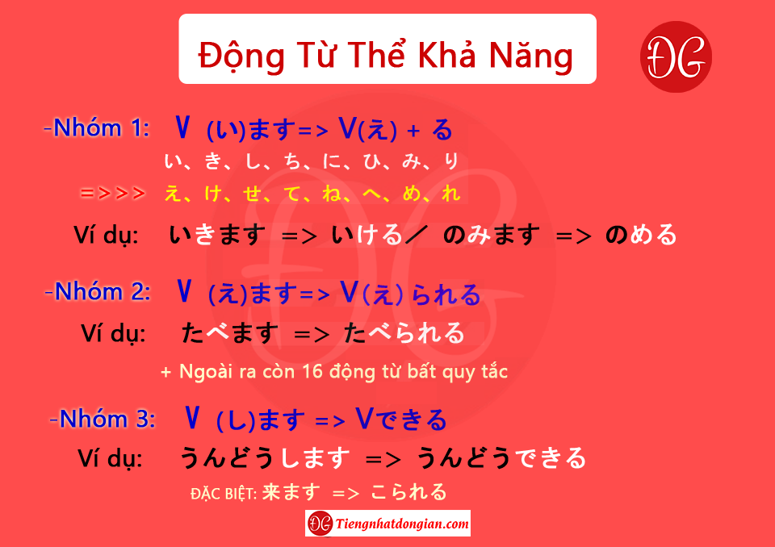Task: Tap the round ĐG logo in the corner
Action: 676,56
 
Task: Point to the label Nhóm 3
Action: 103,419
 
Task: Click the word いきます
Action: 217,235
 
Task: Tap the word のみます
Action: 492,235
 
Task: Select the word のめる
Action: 641,235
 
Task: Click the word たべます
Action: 230,332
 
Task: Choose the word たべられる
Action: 404,332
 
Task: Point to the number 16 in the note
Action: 312,371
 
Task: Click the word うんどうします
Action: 265,457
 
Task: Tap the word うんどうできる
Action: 501,457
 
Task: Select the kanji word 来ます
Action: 291,492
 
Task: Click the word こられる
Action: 408,492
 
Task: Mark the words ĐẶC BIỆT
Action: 224,494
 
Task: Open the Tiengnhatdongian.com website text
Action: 402,524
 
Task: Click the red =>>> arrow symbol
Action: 113,193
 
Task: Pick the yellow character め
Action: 411,193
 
